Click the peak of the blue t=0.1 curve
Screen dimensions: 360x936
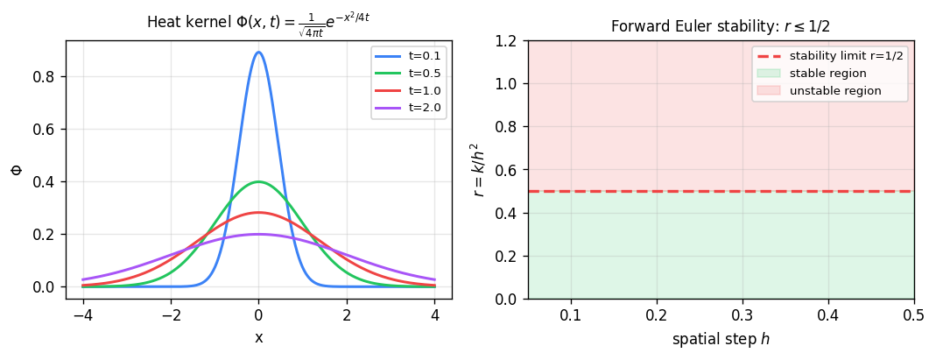pyautogui.click(x=258, y=53)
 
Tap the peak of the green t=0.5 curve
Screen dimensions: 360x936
pyautogui.click(x=258, y=182)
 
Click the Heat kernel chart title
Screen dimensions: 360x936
pyautogui.click(x=258, y=18)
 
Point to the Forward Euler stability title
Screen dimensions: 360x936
pyautogui.click(x=720, y=27)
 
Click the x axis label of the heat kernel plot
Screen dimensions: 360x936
pyautogui.click(x=258, y=338)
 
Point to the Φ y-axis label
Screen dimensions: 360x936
pyautogui.click(x=16, y=169)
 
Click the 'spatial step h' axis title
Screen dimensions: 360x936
pyautogui.click(x=720, y=338)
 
